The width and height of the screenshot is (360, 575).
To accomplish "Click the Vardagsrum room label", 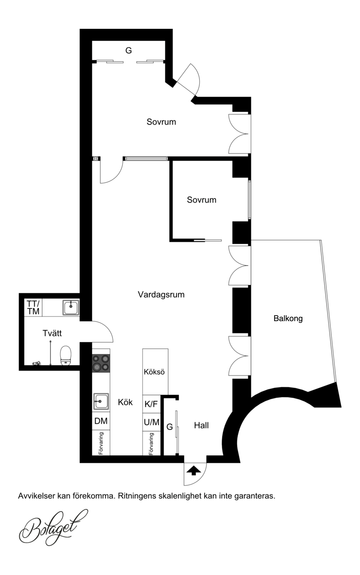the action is click(161, 294).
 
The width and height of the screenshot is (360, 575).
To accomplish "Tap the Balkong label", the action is click(288, 318).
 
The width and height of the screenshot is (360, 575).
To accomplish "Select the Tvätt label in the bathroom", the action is click(52, 333).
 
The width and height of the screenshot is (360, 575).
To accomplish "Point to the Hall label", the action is click(201, 426).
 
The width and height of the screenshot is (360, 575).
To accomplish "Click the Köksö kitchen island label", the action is click(154, 371).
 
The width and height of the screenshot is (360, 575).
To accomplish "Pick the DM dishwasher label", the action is click(101, 421).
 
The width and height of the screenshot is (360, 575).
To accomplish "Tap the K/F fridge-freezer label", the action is click(151, 404).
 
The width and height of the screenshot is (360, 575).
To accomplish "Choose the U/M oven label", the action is click(151, 422).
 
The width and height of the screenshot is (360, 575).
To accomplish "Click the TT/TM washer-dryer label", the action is click(33, 308).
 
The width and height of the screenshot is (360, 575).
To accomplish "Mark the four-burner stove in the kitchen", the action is click(101, 363).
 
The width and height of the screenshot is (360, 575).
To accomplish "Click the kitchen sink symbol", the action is click(101, 402).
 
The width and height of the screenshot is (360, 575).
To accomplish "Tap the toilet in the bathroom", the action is click(65, 355).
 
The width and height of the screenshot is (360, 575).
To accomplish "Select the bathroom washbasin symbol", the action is click(71, 307).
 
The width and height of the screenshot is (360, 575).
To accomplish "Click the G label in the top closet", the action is click(129, 50).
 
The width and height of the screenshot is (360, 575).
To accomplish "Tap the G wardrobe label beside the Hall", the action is click(170, 427).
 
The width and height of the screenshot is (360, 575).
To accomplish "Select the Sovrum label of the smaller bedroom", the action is click(202, 200).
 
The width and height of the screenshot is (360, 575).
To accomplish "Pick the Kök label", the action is click(125, 402).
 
